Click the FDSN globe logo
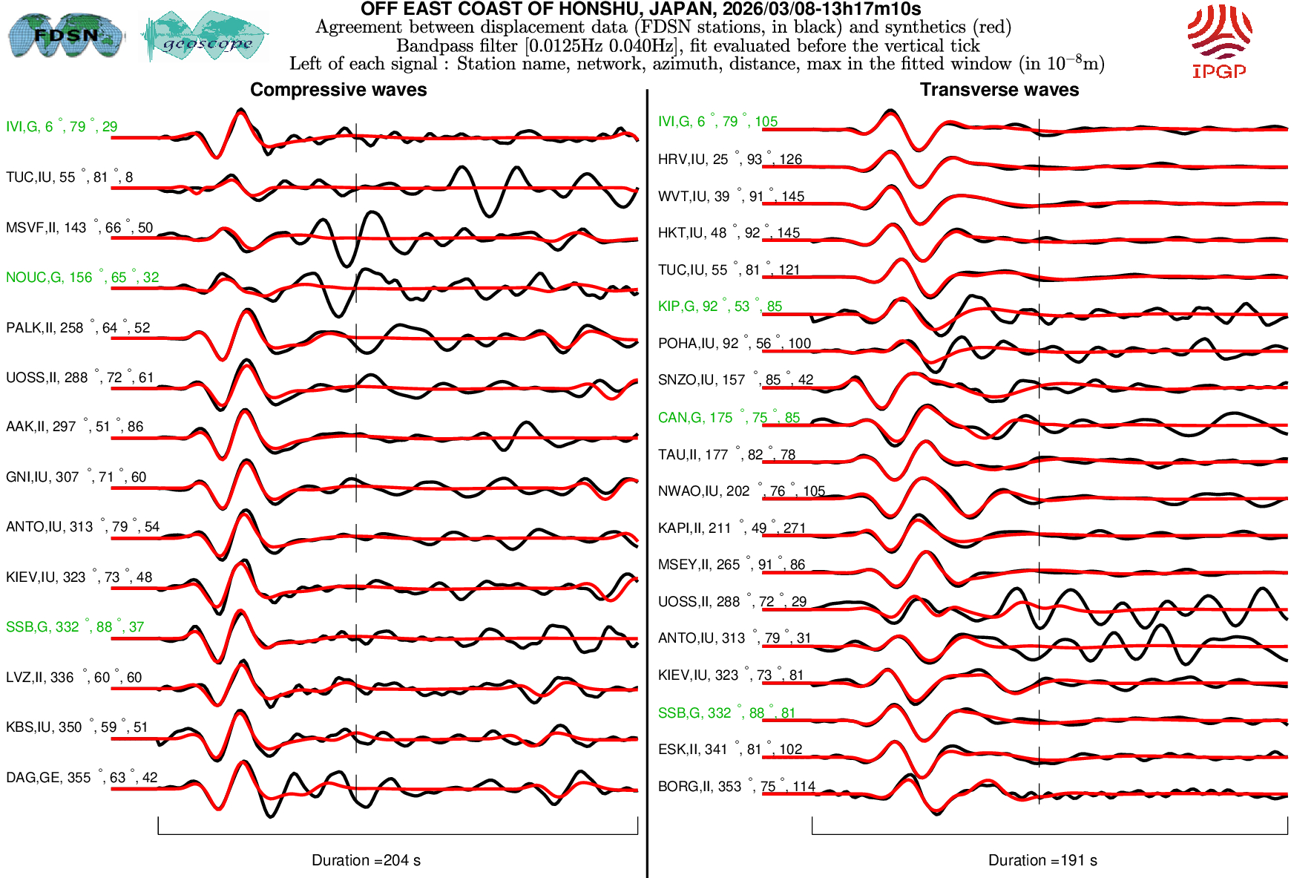coord(65,35)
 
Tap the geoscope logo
coord(206,36)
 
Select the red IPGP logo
coord(1219,41)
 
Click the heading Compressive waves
coord(338,90)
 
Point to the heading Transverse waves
coord(999,90)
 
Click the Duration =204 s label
coord(366,860)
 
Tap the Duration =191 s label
coord(1042,860)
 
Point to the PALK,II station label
coord(78,328)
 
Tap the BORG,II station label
coord(736,787)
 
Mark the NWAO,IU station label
coord(741,491)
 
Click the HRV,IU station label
coord(729,160)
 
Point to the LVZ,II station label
coord(73,678)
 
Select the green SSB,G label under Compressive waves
coord(75,627)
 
